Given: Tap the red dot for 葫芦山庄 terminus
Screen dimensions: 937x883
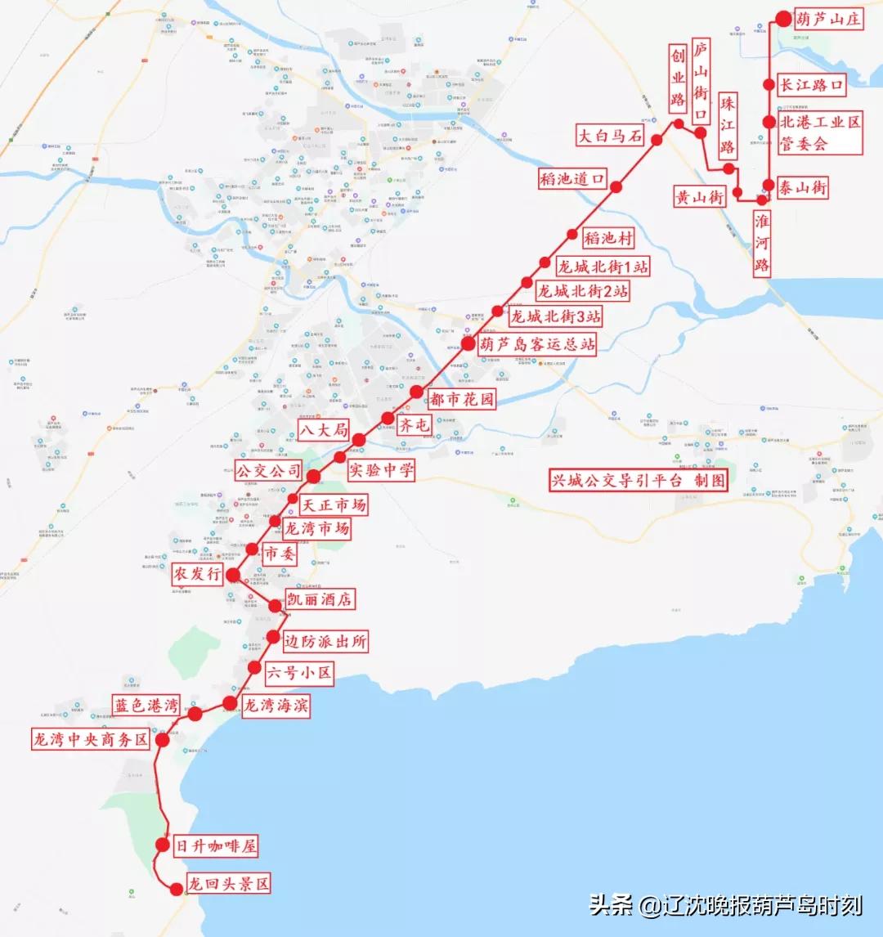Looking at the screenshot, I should point(783,19).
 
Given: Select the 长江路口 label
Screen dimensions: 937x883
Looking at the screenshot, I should point(811,84).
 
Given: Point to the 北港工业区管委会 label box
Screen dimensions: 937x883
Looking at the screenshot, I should point(820,132).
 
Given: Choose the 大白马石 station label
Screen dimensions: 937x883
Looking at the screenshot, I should point(610,135).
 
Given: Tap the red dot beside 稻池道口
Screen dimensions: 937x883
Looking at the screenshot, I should point(616,187).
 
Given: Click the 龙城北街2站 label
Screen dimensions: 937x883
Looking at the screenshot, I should point(583,290).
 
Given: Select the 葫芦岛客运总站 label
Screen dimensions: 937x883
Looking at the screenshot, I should point(537,344).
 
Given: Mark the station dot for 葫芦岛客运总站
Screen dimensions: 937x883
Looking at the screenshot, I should point(468,343).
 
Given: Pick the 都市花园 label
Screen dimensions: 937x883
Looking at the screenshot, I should point(462,399).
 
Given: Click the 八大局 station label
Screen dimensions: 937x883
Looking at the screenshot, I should point(324,429).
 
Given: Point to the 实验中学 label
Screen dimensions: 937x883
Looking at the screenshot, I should point(381,470).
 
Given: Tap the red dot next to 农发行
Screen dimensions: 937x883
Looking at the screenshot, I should point(233,575).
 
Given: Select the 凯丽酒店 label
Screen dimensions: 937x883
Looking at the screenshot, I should point(319,599).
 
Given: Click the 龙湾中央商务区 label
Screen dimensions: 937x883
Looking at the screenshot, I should point(91,740).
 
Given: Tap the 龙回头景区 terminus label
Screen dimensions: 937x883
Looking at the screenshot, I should point(228,884).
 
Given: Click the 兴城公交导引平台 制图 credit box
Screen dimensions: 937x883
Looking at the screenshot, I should point(639,480).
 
